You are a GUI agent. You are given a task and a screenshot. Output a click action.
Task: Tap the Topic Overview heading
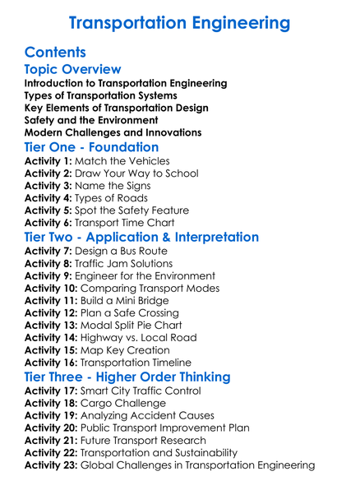[72, 69]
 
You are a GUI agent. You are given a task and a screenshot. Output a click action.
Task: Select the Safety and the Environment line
[90, 120]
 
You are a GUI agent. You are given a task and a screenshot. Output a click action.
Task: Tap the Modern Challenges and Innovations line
[113, 132]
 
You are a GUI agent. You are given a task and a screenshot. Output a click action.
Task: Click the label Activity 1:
[48, 161]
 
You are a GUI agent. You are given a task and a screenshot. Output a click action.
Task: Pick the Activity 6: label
[48, 223]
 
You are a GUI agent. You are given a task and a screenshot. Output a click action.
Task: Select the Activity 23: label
[51, 465]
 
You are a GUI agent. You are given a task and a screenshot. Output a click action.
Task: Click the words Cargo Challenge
[122, 404]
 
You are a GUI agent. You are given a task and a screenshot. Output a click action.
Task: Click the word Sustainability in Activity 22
[201, 452]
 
